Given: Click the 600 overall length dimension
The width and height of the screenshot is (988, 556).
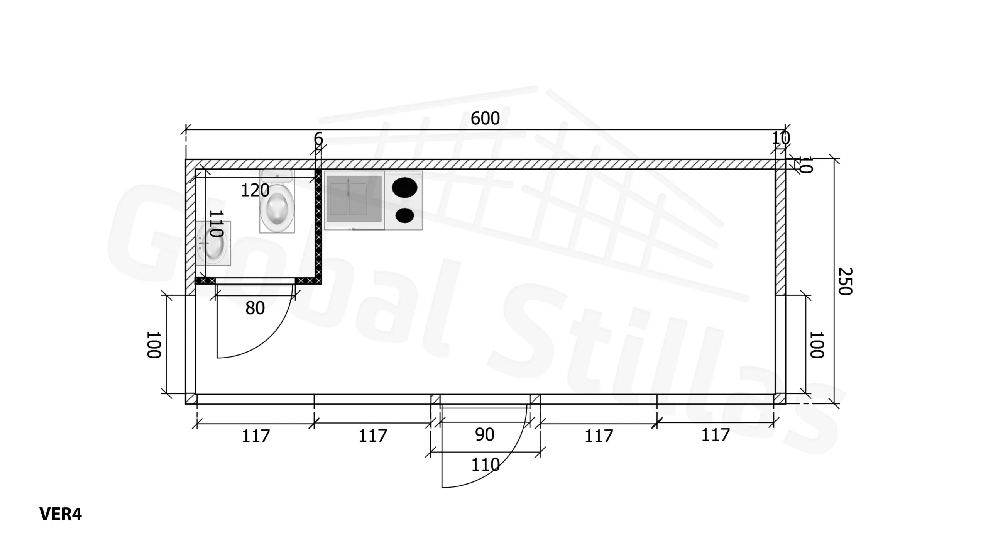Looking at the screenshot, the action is tap(485, 118).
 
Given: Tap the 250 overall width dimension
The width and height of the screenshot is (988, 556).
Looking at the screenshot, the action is tap(845, 281).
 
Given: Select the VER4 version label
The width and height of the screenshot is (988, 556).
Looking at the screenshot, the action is tap(61, 514).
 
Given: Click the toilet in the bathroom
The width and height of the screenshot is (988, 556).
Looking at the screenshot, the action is tap(277, 201).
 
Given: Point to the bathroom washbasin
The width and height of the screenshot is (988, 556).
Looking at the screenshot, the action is tap(213, 243).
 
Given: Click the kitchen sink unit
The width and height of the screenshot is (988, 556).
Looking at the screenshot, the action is tap(354, 200).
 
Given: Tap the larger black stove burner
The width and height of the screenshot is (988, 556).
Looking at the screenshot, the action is tap(404, 187).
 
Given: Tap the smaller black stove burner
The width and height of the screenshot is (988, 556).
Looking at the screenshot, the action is tap(404, 215).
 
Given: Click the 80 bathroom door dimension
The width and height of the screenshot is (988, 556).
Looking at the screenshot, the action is tap(255, 308).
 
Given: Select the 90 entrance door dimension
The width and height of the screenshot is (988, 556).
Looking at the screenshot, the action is tap(484, 435).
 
